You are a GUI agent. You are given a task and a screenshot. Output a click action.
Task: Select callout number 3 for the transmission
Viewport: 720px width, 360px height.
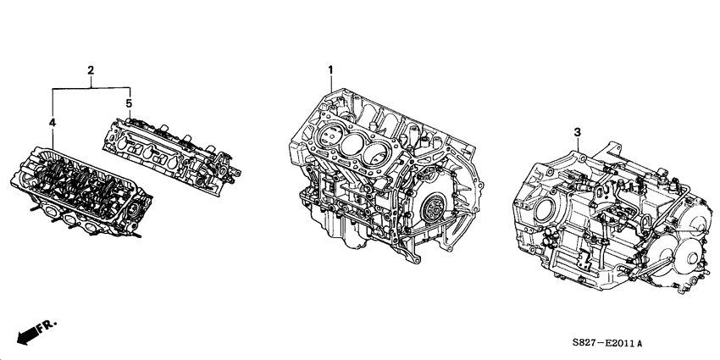pos(578,132)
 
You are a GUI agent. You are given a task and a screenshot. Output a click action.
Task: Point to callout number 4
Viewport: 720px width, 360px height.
pos(52,124)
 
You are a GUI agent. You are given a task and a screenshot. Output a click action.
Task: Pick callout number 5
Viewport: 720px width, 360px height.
pos(129,102)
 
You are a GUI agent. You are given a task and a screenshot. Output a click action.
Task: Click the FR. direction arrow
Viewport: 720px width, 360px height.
pos(31,331)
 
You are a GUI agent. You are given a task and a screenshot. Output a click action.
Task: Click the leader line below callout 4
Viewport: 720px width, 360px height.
pos(52,141)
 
